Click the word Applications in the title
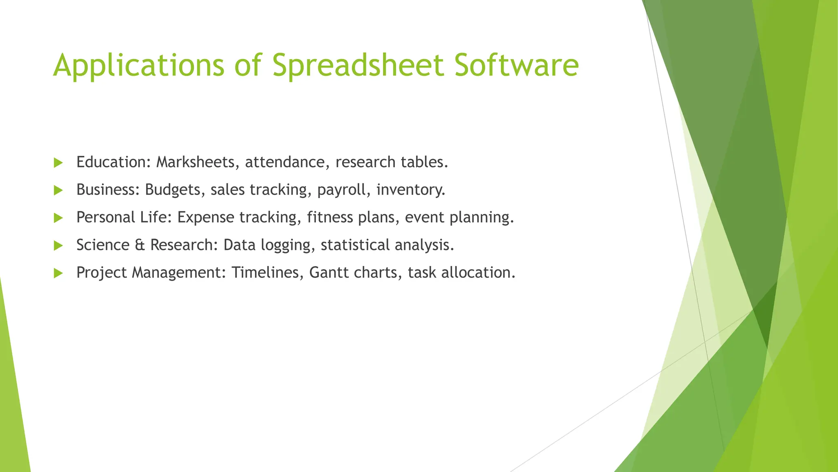click(x=139, y=66)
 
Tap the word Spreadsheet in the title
click(x=358, y=66)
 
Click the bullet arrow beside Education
click(x=58, y=163)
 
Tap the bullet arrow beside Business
click(x=58, y=190)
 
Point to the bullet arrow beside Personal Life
click(x=58, y=218)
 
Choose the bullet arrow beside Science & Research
click(x=58, y=245)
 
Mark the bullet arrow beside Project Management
click(x=58, y=273)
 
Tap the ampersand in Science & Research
click(x=140, y=245)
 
